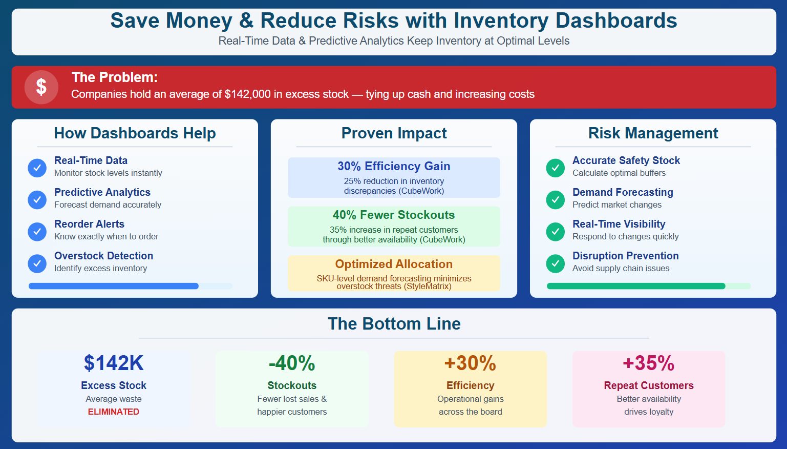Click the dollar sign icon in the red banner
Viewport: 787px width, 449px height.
point(41,87)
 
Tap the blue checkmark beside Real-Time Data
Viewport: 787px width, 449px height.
point(37,168)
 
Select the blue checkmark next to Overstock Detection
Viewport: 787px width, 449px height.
point(37,263)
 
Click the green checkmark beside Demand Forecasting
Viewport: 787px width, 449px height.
point(555,199)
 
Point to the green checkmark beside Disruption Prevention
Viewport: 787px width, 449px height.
point(555,263)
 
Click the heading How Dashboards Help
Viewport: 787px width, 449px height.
point(135,133)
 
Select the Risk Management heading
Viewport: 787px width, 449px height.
point(653,133)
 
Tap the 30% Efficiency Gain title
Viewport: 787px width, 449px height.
point(394,166)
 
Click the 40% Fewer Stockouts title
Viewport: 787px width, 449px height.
point(394,215)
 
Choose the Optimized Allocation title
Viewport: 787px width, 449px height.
point(394,264)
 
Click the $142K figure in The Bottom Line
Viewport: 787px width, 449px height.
point(114,363)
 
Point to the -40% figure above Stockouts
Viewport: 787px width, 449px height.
point(292,363)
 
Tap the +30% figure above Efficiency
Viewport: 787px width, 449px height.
point(470,363)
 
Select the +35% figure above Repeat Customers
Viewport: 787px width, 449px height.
point(648,363)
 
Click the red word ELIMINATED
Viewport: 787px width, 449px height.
point(114,412)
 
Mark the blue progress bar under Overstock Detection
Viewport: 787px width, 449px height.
point(114,286)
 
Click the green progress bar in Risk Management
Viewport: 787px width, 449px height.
point(636,286)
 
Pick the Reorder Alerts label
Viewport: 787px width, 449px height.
point(89,224)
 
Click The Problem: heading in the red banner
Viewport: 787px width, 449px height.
point(115,77)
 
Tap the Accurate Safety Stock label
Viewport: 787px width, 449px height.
point(626,160)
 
